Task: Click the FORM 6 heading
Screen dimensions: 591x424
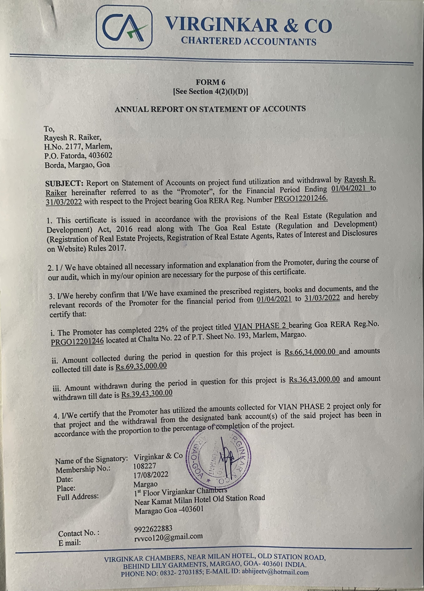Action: (211, 82)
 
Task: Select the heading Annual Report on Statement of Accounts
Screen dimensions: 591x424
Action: (210, 109)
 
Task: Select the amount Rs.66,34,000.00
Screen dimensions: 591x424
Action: (311, 353)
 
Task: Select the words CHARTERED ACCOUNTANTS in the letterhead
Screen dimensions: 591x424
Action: (249, 41)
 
